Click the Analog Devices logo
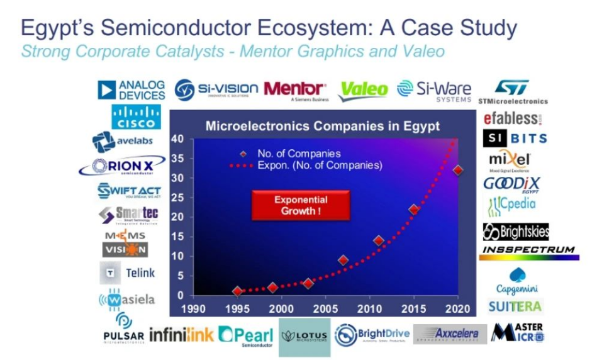pyautogui.click(x=131, y=90)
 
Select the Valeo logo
pyautogui.click(x=363, y=90)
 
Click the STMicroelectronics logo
pyautogui.click(x=513, y=92)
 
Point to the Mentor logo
pyautogui.click(x=294, y=90)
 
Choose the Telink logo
pyautogui.click(x=127, y=273)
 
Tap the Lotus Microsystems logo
pyautogui.click(x=304, y=335)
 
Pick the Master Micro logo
pyautogui.click(x=517, y=333)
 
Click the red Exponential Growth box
pyautogui.click(x=301, y=205)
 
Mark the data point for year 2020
pyautogui.click(x=458, y=171)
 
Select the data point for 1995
pyautogui.click(x=237, y=291)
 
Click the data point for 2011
pyautogui.click(x=379, y=240)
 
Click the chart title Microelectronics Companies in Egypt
pyautogui.click(x=323, y=126)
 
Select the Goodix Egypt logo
pyautogui.click(x=511, y=184)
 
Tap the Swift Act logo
pyautogui.click(x=129, y=191)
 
